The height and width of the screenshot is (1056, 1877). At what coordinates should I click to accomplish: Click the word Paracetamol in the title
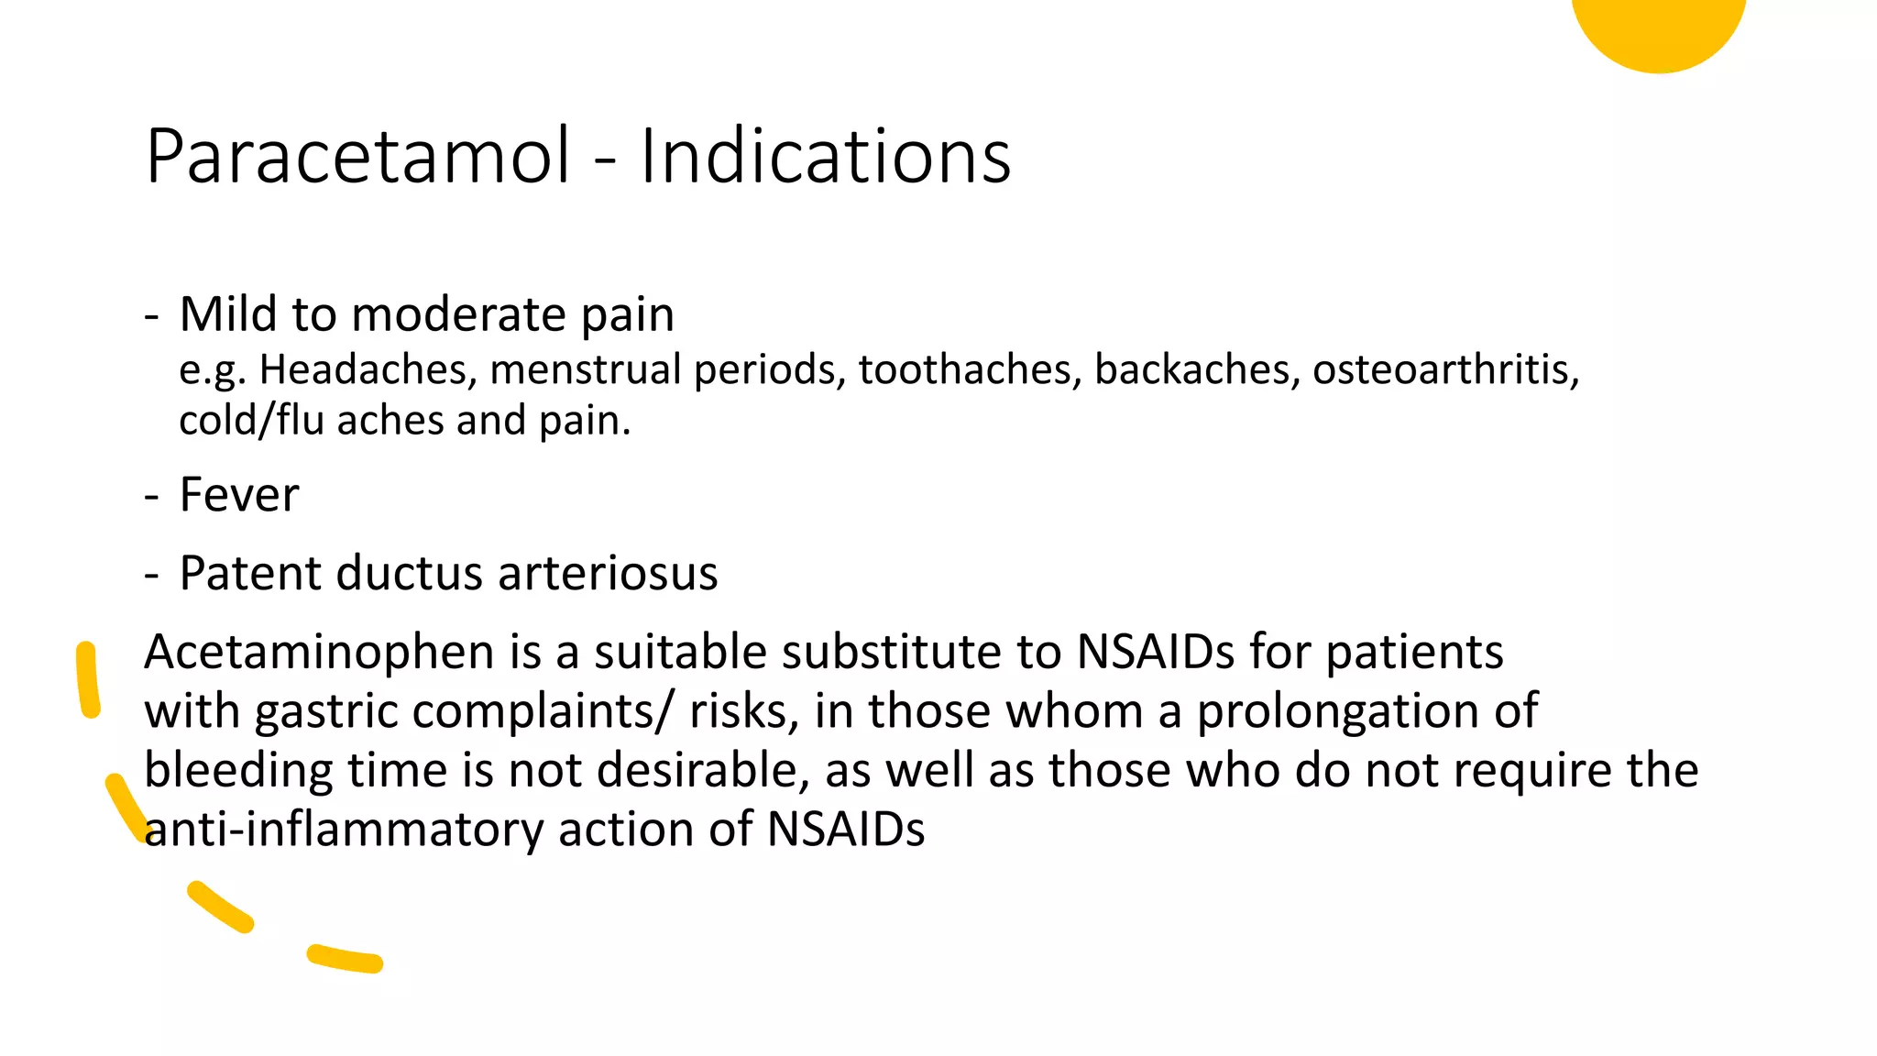point(358,157)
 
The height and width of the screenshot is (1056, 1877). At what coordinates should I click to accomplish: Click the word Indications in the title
point(825,157)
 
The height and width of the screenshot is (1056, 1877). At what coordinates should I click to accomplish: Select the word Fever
point(239,495)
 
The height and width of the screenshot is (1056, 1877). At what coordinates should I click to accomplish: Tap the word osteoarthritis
point(1445,369)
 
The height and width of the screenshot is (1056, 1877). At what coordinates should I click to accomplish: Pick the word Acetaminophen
point(320,653)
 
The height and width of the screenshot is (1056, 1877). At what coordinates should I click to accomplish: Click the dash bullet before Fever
point(152,497)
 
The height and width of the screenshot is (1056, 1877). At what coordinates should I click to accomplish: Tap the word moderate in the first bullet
point(458,315)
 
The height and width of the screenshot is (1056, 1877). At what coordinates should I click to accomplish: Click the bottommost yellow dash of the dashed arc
point(345,959)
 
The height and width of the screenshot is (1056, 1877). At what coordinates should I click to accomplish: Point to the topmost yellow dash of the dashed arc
point(87,679)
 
